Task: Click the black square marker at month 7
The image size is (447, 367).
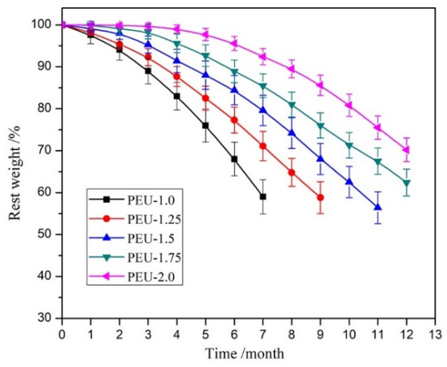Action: point(263,196)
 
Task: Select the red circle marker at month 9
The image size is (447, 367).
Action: point(320,197)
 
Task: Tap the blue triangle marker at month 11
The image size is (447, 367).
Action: point(378,207)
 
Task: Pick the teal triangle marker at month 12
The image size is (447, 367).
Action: point(407,183)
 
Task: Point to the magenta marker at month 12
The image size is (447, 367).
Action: point(406,149)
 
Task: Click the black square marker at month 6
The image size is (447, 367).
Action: point(234,159)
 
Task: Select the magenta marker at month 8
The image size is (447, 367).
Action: point(291,69)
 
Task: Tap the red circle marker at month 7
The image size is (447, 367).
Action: point(263,146)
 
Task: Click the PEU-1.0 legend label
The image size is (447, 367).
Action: point(151,201)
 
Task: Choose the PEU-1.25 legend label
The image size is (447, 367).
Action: point(154,219)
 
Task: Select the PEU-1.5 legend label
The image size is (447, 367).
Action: point(151,239)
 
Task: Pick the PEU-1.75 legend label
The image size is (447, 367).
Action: point(154,257)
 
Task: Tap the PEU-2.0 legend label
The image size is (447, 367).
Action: point(151,277)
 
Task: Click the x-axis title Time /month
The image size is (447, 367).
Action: point(245,354)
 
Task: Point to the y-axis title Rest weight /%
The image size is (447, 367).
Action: point(15,172)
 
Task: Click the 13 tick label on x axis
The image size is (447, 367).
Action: point(436,335)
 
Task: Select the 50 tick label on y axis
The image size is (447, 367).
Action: point(45,235)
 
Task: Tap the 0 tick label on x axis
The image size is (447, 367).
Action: point(62,335)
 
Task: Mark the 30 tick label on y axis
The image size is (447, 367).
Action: point(45,318)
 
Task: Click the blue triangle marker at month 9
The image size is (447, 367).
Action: point(320,158)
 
